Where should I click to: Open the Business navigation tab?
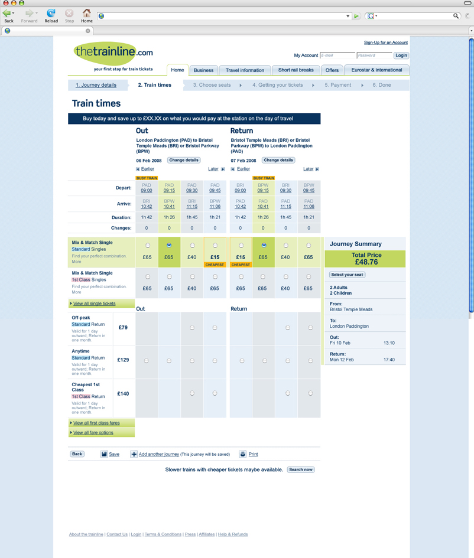203,70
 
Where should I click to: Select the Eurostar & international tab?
376,70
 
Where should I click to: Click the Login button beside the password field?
401,56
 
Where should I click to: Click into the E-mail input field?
337,56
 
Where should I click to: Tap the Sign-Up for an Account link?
385,43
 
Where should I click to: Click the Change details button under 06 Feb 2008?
184,160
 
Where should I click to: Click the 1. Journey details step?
96,85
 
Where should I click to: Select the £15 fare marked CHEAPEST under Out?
215,246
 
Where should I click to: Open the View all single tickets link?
95,304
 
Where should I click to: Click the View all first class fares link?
96,423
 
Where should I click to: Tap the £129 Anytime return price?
123,360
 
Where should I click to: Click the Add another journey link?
158,454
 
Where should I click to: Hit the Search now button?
301,469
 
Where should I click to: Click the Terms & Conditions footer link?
163,534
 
